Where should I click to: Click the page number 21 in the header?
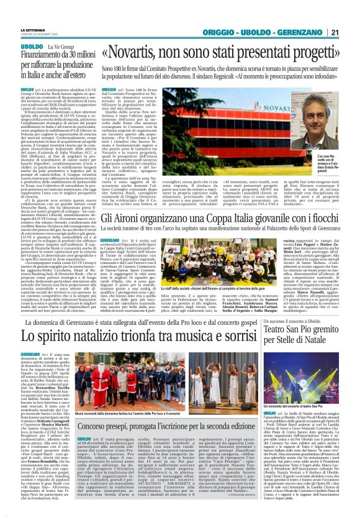(352, 14)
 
